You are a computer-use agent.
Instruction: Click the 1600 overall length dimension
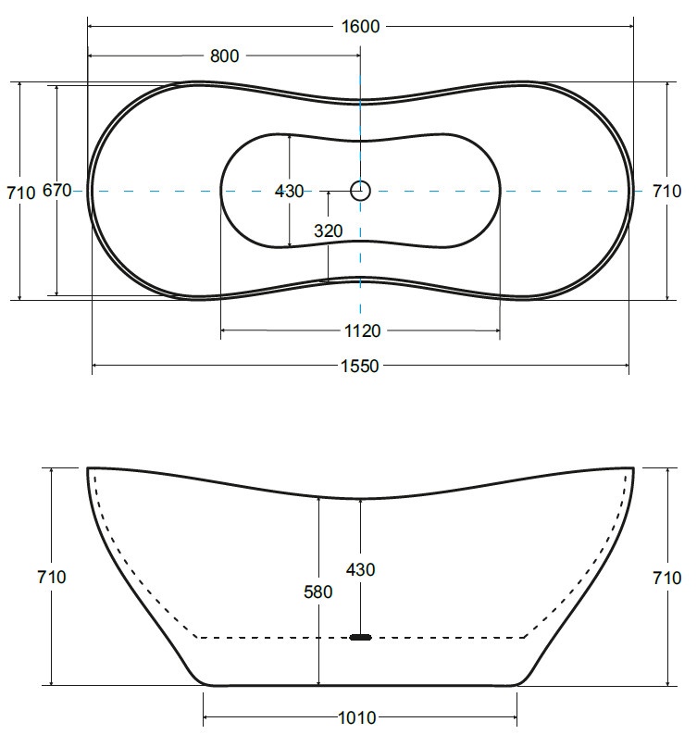point(361,26)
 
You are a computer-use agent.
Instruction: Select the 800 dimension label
point(224,56)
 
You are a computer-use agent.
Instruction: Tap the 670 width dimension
point(57,190)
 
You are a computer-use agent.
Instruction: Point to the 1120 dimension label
point(362,330)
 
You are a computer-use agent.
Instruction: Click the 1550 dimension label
point(360,366)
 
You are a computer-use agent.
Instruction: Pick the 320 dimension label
point(329,230)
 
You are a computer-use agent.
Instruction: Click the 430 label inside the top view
point(289,191)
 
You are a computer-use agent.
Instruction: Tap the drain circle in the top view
point(360,191)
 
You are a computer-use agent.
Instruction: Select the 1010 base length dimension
point(357,717)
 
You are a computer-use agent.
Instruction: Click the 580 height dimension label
point(317,591)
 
